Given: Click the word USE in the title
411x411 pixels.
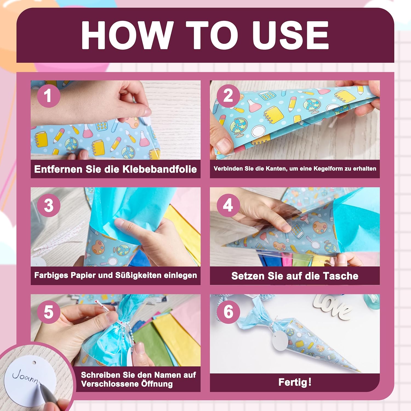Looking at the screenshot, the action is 290,35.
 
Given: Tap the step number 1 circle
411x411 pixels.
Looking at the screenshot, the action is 48,96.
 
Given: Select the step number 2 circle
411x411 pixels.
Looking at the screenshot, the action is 228,96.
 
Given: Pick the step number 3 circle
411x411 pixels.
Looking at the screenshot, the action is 48,205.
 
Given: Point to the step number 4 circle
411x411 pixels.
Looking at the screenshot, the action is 228,205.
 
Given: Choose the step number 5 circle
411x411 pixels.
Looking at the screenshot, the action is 48,312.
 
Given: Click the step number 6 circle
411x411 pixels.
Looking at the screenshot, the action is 228,312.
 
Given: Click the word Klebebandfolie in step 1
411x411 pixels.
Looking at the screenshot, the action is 159,169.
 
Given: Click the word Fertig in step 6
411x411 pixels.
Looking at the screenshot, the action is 293,382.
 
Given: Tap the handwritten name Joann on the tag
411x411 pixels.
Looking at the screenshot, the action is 25,376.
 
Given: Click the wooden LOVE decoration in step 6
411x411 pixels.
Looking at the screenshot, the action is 333,307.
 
